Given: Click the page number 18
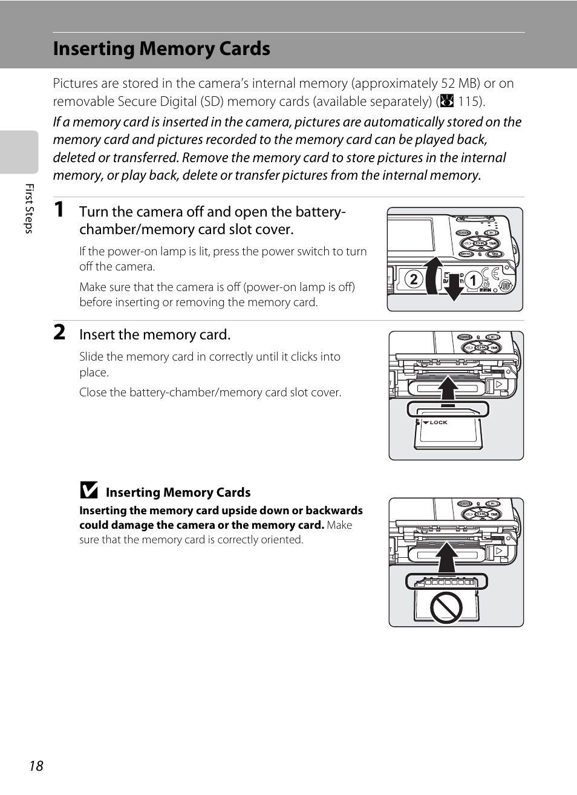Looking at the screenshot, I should (x=36, y=766).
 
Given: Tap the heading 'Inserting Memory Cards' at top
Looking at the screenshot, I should (x=161, y=49).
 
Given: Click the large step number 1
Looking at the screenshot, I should (x=59, y=209).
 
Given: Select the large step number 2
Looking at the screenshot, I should (x=59, y=332).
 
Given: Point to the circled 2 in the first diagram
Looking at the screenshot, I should (x=413, y=280).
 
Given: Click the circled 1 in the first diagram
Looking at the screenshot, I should (x=474, y=280).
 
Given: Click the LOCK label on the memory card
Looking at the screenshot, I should (x=438, y=422).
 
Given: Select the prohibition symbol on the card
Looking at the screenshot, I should (x=446, y=607).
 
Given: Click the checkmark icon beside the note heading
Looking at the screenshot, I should (x=89, y=489).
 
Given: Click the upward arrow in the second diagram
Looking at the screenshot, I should (x=448, y=391).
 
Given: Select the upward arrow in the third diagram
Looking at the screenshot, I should (x=446, y=557).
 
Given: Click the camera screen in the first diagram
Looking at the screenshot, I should (x=411, y=235).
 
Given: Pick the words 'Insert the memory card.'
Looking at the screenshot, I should (x=155, y=335).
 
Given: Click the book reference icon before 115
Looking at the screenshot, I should (x=447, y=102).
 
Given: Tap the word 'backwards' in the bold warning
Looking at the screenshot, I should (x=334, y=511).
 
